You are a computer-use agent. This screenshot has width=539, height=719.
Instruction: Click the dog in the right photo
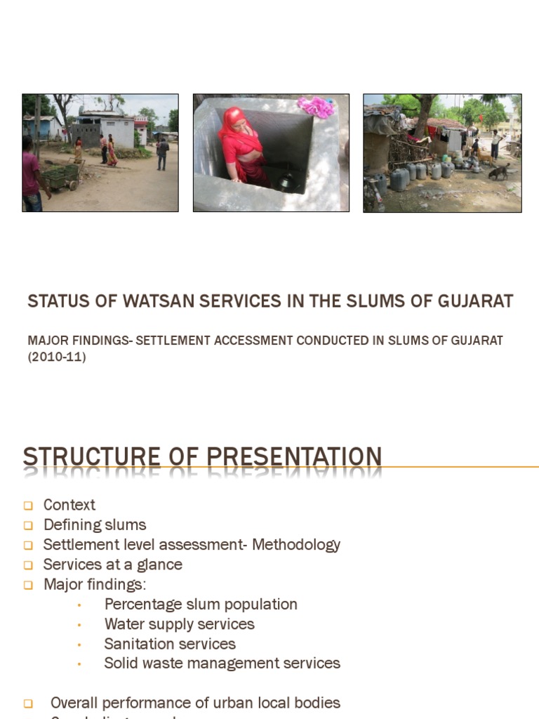(x=499, y=171)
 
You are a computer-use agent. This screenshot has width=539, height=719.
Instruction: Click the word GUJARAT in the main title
(x=475, y=302)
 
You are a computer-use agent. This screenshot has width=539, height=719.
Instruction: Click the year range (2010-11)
(x=57, y=357)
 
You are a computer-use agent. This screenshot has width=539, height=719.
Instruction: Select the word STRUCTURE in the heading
(x=92, y=457)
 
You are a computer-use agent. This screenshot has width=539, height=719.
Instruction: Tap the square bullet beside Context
(x=28, y=506)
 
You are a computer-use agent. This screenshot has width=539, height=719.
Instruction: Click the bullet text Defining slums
(x=95, y=525)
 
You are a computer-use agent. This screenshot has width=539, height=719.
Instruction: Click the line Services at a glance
(x=112, y=565)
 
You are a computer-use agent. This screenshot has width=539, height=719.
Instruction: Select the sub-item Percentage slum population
(x=201, y=605)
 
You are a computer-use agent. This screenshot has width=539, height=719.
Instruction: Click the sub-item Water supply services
(x=179, y=624)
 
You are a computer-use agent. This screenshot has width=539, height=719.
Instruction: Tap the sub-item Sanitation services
(x=170, y=644)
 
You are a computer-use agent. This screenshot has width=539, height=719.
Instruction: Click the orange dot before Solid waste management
(x=80, y=664)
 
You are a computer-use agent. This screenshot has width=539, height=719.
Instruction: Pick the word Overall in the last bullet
(x=74, y=703)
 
